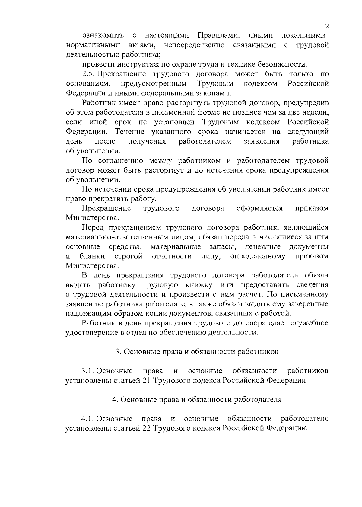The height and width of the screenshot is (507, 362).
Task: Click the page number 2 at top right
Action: point(327,26)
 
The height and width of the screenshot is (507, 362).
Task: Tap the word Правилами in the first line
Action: point(218,36)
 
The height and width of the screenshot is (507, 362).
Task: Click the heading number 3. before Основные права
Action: point(118,352)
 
